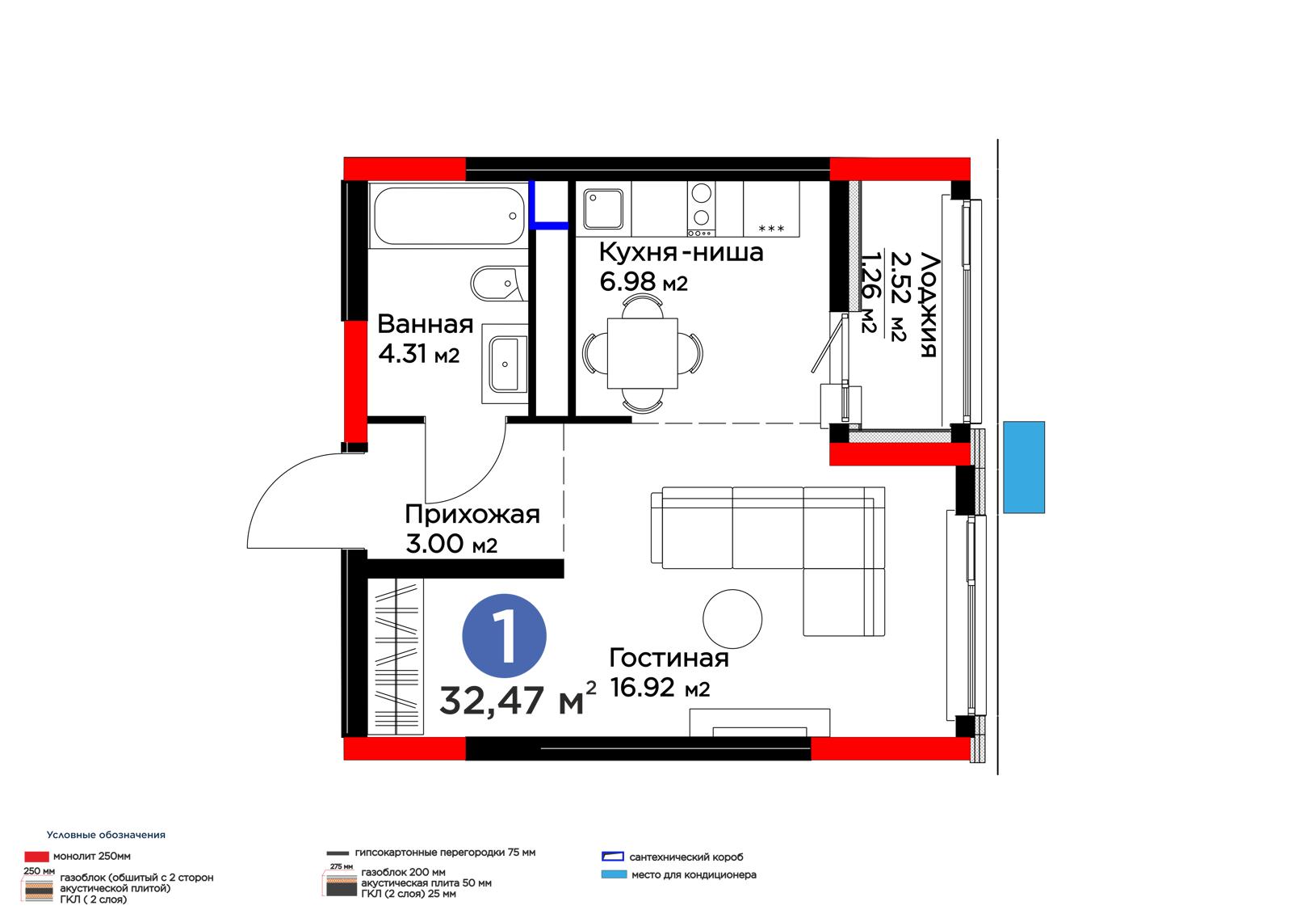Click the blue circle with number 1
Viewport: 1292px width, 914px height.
(x=504, y=635)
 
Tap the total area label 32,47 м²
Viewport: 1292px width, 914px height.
(x=518, y=699)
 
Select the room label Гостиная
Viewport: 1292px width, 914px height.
(x=669, y=658)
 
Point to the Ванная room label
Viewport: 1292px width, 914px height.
(x=425, y=324)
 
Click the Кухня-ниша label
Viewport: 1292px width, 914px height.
(x=681, y=252)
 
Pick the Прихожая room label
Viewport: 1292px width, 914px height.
(x=472, y=514)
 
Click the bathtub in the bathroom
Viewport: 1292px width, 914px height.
(x=449, y=215)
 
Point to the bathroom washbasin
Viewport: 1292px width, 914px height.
(x=505, y=364)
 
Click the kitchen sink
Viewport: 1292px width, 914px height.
(x=603, y=208)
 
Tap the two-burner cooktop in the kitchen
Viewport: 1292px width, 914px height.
(x=701, y=208)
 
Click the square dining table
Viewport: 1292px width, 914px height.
(x=642, y=353)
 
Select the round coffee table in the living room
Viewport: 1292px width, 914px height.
(x=732, y=618)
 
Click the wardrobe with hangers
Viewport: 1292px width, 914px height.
(x=395, y=656)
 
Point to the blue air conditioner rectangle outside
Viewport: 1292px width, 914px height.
(x=1024, y=467)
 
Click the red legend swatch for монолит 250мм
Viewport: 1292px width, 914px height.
(x=36, y=857)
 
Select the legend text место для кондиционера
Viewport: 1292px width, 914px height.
(x=694, y=874)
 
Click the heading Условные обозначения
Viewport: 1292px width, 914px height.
(x=106, y=835)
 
